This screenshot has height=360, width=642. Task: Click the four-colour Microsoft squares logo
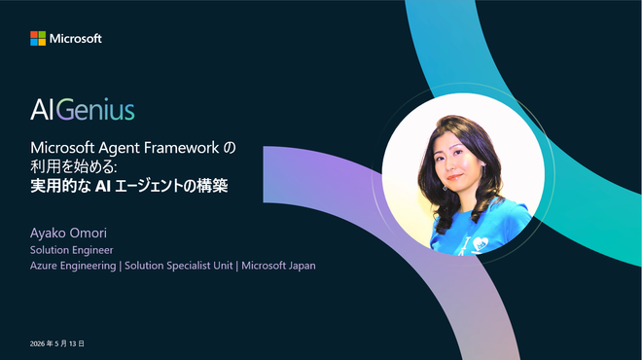pos(38,39)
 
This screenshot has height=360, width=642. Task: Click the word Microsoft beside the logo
pos(76,39)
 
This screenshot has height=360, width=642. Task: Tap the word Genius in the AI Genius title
pos(95,109)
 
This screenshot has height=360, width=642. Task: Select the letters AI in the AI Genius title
pos(42,109)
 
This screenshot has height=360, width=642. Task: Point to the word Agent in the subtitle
pos(119,148)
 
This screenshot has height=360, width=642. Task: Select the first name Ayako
pos(48,234)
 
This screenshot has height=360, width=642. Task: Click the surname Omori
pos(88,234)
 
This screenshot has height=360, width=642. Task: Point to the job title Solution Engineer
pos(72,250)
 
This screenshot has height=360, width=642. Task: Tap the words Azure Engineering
pos(73,266)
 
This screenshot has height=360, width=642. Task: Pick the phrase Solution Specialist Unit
pos(179,266)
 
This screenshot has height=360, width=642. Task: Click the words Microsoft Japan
pos(278,266)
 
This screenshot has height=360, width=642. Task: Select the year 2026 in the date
pos(37,343)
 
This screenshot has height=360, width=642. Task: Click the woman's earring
pos(446,188)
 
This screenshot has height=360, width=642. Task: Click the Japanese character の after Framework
pos(230,148)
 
